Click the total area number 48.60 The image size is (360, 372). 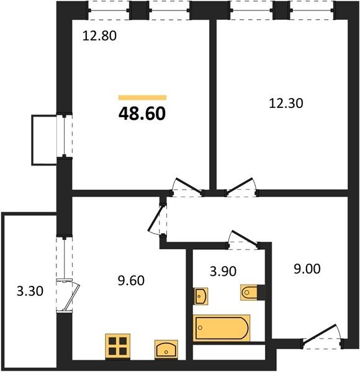pyautogui.click(x=142, y=113)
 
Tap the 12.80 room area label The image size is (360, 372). pyautogui.click(x=99, y=36)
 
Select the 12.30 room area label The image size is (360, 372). pyautogui.click(x=286, y=104)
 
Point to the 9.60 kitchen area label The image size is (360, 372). pyautogui.click(x=131, y=280)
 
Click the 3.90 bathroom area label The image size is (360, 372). pyautogui.click(x=223, y=271)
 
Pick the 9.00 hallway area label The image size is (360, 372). pyautogui.click(x=307, y=269)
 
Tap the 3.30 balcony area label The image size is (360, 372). pyautogui.click(x=30, y=291)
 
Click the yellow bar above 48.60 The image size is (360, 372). pyautogui.click(x=142, y=97)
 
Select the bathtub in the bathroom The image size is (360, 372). pyautogui.click(x=222, y=328)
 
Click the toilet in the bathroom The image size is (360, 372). pyautogui.click(x=249, y=292)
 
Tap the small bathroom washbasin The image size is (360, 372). pyautogui.click(x=201, y=296)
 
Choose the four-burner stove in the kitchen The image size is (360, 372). pyautogui.click(x=118, y=346)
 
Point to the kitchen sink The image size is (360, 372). pyautogui.click(x=166, y=349)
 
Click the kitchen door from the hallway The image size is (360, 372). pyautogui.click(x=157, y=220)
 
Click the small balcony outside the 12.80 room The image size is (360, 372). pyautogui.click(x=44, y=140)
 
